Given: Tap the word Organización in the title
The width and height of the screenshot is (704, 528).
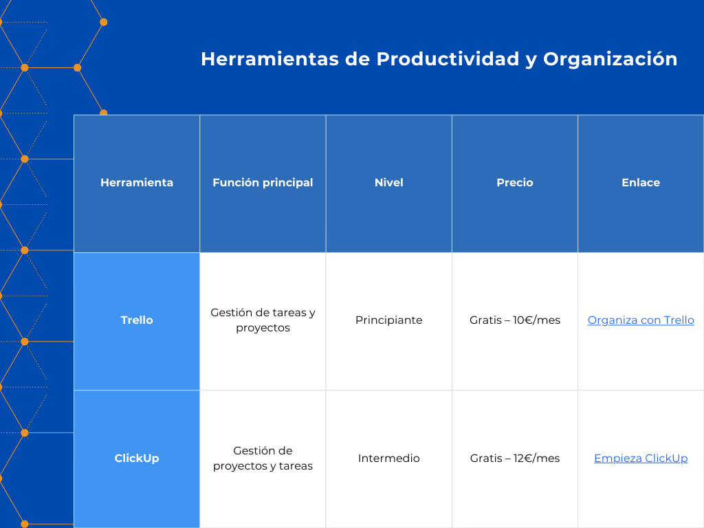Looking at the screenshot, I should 610,59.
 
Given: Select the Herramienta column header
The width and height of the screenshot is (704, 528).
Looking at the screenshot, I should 137,183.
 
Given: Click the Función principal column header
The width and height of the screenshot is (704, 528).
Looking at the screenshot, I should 263,183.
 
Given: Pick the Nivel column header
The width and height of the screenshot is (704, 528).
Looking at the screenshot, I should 388,183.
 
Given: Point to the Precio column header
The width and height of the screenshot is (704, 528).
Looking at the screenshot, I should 514,183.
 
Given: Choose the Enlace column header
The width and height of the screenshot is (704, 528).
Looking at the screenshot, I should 640,183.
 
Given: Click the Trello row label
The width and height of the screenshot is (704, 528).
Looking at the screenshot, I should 137,320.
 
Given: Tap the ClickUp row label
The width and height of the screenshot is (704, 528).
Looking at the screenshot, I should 137,459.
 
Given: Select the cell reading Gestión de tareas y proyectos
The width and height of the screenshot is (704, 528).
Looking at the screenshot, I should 263,320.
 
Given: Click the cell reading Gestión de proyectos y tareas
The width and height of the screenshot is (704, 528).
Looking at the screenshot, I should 263,459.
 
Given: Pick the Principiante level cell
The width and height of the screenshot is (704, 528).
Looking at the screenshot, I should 388,320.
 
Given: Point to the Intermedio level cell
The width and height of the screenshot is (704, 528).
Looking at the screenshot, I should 388,459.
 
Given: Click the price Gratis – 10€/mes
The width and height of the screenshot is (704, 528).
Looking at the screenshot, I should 514,320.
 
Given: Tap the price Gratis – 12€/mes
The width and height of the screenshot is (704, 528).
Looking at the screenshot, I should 514,459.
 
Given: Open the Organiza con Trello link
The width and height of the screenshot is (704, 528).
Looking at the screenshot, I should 640,320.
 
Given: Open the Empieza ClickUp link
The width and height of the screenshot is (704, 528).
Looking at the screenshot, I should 640,459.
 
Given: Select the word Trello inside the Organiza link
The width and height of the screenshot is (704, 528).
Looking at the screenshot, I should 677,320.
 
